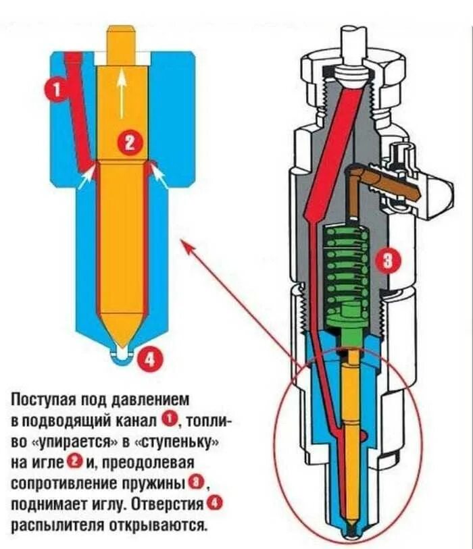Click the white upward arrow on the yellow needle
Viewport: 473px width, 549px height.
122,91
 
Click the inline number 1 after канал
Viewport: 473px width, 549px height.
170,421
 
